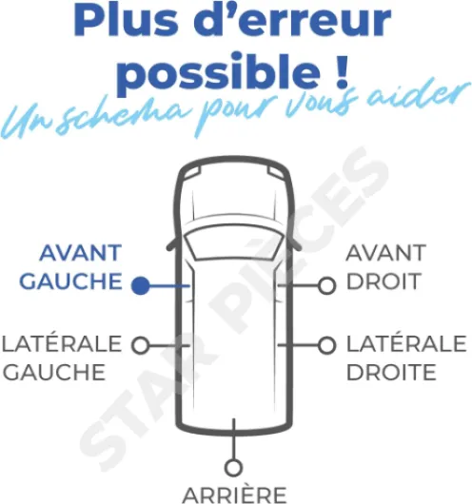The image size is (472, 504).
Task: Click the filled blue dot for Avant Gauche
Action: click(x=141, y=285)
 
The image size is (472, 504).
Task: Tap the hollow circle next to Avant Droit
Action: click(x=327, y=285)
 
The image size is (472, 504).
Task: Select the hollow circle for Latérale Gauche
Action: click(x=141, y=345)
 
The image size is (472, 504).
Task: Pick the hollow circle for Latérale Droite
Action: click(x=327, y=345)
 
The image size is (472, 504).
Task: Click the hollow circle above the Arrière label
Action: click(x=233, y=468)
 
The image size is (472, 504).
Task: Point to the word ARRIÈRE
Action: click(x=234, y=495)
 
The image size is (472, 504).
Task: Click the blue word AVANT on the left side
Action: click(x=81, y=253)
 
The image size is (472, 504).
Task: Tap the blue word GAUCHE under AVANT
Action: click(x=70, y=281)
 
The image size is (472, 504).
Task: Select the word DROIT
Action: click(x=383, y=281)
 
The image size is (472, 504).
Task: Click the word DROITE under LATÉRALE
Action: click(x=391, y=372)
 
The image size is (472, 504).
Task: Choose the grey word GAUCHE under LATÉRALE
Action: click(x=54, y=372)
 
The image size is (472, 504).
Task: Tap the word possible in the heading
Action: click(x=219, y=72)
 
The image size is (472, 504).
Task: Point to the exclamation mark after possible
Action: click(x=341, y=70)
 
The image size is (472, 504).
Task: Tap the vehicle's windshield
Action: click(x=234, y=242)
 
